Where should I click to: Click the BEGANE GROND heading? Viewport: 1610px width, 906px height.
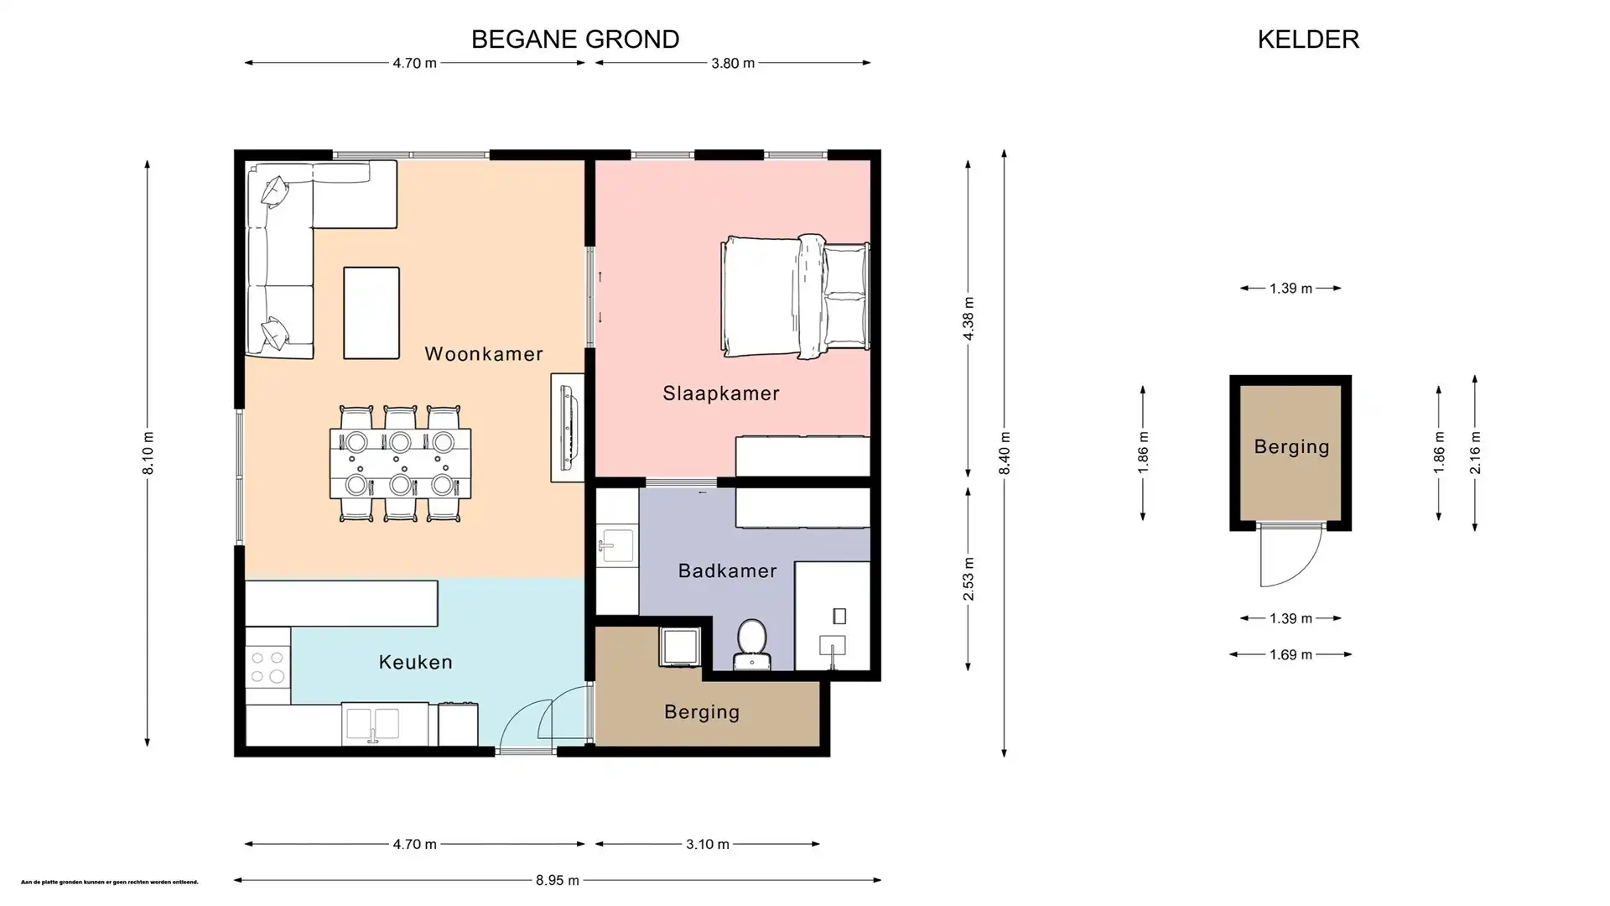click(x=575, y=39)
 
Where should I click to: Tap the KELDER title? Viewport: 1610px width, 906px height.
click(x=1308, y=39)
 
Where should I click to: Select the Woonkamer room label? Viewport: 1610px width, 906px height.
click(x=484, y=354)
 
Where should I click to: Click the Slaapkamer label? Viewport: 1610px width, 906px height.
click(x=721, y=393)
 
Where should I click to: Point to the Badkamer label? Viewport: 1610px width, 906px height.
click(x=727, y=571)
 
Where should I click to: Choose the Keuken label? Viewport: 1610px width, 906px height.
click(x=416, y=663)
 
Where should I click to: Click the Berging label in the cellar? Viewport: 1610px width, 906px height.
click(x=1291, y=447)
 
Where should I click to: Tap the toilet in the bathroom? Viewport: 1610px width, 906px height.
click(x=751, y=643)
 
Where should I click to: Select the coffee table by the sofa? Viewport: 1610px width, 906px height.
click(x=371, y=313)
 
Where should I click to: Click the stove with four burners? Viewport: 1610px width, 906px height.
click(x=267, y=667)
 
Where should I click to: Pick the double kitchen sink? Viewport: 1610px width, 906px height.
click(x=373, y=724)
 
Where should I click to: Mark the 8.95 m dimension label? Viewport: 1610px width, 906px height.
click(x=558, y=880)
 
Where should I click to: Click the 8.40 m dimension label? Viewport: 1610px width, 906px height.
click(x=1005, y=453)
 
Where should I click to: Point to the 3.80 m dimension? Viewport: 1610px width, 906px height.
click(x=733, y=63)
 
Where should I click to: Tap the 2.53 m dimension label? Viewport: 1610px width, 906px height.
click(x=969, y=579)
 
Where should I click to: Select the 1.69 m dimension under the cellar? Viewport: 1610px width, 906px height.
click(x=1291, y=654)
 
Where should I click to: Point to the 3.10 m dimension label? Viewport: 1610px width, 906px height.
click(x=708, y=844)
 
